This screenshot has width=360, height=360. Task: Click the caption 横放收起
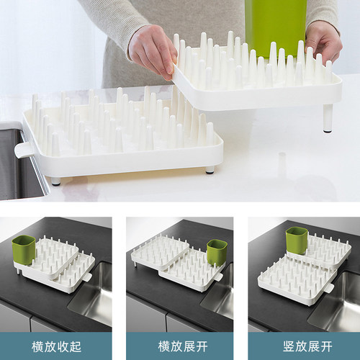coord(56,346)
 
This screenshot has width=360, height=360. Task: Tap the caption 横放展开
coord(183,346)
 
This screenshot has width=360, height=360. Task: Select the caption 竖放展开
coord(307,346)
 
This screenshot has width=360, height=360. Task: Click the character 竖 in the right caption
coord(289,346)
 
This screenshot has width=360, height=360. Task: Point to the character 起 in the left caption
coord(76,346)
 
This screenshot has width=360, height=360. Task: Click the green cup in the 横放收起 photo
coord(24,250)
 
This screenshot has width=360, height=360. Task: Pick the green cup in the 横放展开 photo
coord(217,252)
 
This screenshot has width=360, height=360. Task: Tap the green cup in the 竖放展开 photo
coord(297,240)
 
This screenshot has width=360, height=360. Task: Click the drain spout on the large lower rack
coord(23,150)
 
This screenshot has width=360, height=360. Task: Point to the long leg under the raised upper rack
coord(328,118)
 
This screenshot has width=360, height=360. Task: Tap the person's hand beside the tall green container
coord(323,42)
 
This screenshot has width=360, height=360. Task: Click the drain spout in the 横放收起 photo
coord(87,277)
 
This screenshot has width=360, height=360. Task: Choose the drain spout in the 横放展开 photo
coord(218,277)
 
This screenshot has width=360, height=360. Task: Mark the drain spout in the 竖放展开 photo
coord(328,288)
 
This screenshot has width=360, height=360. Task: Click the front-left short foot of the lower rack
coord(56,181)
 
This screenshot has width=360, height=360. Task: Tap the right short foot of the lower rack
coord(210,169)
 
